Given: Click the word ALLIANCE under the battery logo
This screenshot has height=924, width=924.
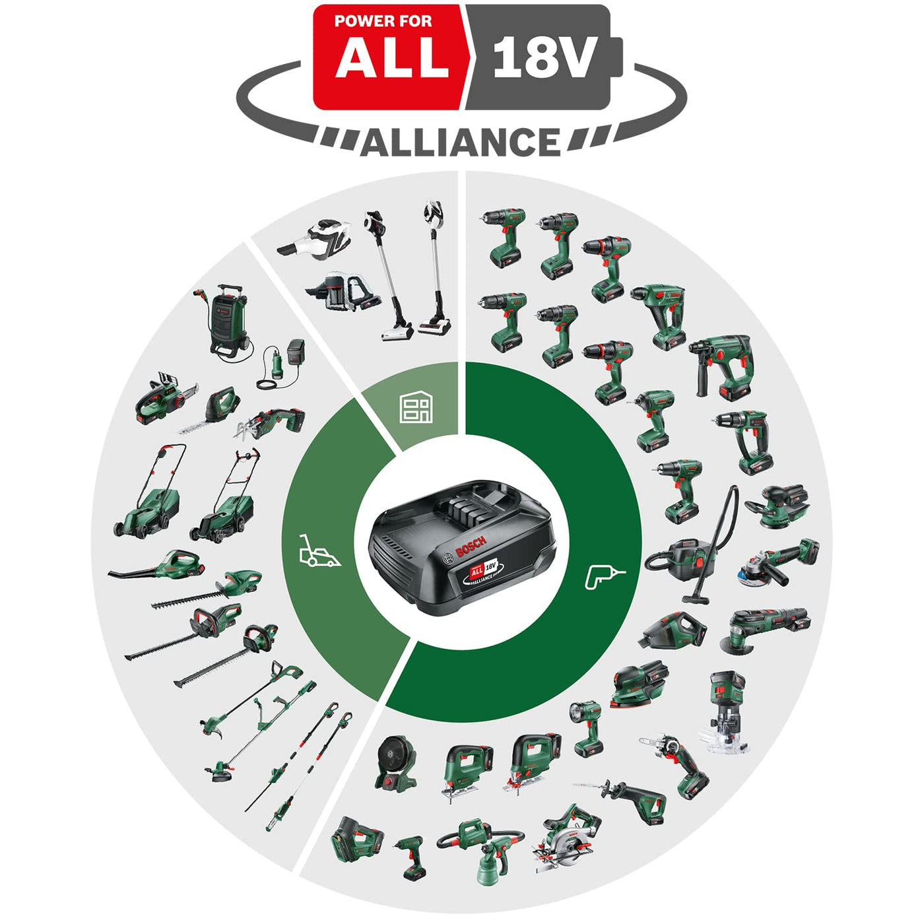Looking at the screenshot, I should coord(460,143).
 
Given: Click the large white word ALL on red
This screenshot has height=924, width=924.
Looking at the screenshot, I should coord(392,58).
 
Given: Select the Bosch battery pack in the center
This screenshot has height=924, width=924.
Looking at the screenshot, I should coord(462,546).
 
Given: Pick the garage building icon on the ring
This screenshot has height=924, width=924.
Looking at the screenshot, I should coord(416,407).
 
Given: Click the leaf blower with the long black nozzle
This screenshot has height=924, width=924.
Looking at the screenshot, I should coord(158,566).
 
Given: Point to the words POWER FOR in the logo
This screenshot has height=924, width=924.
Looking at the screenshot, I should coord(383,21).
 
